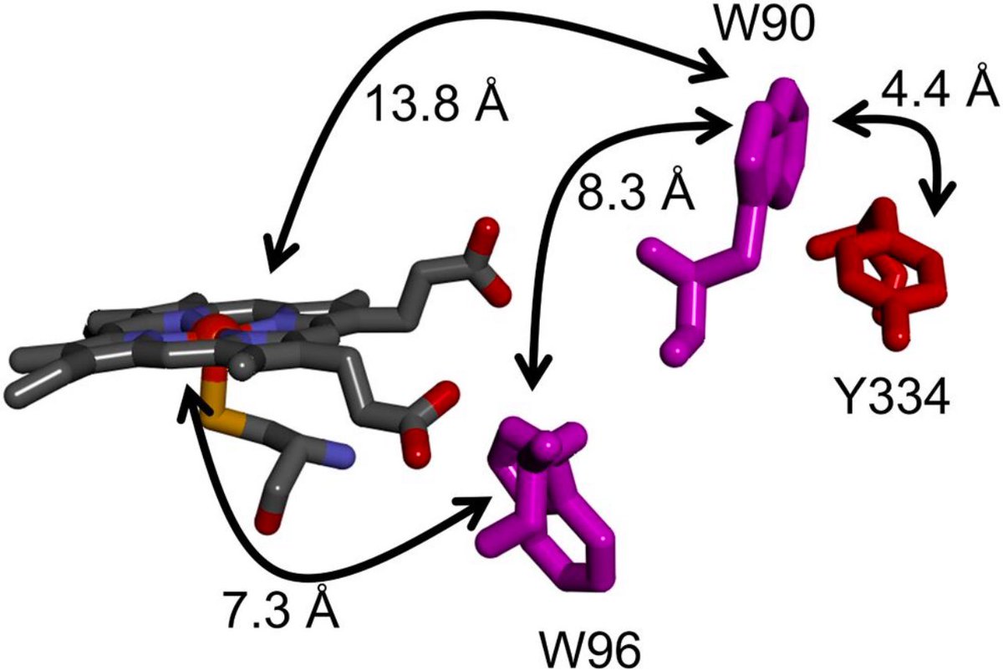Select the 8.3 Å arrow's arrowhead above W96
point(532,382)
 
